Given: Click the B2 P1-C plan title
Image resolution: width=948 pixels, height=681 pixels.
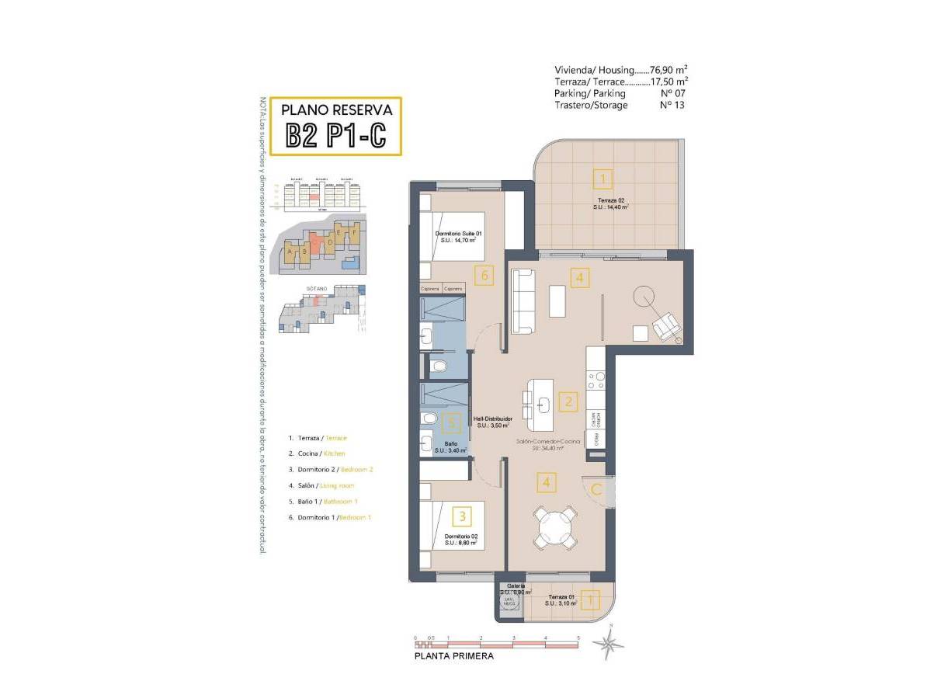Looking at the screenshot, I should (x=335, y=135).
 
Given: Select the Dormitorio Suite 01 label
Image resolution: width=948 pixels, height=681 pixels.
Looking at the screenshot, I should (x=458, y=237).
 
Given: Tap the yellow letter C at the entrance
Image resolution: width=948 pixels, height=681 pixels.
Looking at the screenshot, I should (x=596, y=490).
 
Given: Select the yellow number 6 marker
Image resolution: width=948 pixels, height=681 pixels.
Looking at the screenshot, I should (x=484, y=275).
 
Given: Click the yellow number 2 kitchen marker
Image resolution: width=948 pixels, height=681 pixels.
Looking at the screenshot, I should (x=568, y=401).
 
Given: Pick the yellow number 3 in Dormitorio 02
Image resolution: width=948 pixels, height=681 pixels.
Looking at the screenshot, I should (x=462, y=515).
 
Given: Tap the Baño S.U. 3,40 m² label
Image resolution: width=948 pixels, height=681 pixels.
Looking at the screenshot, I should (x=455, y=447).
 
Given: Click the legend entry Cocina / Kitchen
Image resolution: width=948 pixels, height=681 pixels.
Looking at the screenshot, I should (x=317, y=453).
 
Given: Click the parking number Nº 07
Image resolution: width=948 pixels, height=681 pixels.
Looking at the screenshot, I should (x=672, y=93).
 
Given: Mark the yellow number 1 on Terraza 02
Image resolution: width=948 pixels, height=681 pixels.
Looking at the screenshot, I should (x=602, y=179).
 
